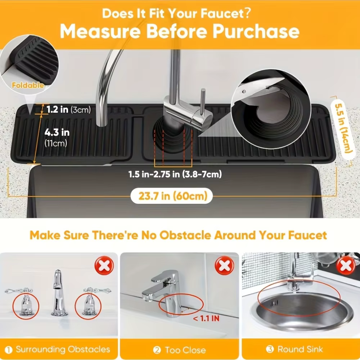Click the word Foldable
click(x=28, y=85)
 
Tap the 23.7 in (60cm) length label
click(x=173, y=196)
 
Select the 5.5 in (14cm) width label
click(x=343, y=129)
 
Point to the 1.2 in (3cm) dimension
click(x=69, y=109)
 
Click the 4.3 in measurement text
click(x=57, y=132)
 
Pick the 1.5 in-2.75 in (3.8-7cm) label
click(x=175, y=174)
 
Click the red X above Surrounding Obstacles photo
click(x=104, y=265)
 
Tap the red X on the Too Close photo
click(x=224, y=266)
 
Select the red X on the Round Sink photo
click(x=346, y=266)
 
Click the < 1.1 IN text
click(x=206, y=319)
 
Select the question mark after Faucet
click(x=247, y=13)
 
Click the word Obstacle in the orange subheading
click(x=185, y=235)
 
